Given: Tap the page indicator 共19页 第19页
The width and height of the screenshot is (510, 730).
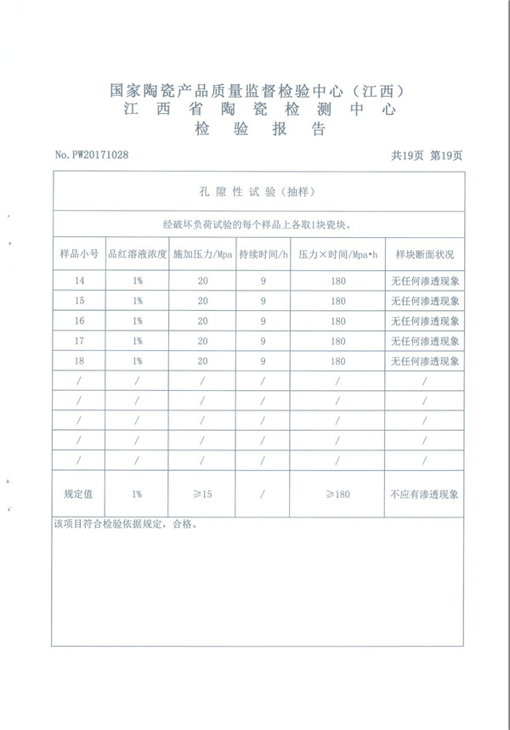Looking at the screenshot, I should (427, 155).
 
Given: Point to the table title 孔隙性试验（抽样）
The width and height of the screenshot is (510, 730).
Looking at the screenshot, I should (259, 192).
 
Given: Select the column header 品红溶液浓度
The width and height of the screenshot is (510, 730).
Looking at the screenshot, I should (136, 254).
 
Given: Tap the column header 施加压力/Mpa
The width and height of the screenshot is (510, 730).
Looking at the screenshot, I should (202, 254).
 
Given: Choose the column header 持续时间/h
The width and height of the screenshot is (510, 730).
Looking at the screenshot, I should (263, 254).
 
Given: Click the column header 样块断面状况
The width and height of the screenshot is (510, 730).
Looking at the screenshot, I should (424, 254).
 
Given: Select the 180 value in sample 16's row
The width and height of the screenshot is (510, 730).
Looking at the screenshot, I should (337, 321).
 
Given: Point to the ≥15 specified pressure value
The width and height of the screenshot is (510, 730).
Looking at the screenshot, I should (202, 494).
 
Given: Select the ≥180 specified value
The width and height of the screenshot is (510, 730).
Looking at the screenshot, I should (337, 494).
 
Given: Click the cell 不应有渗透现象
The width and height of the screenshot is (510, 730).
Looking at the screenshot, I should (424, 494).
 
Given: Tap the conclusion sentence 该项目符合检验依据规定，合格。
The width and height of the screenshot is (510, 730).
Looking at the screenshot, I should (125, 524).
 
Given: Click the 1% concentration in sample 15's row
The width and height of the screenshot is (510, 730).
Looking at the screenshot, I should (136, 301).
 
